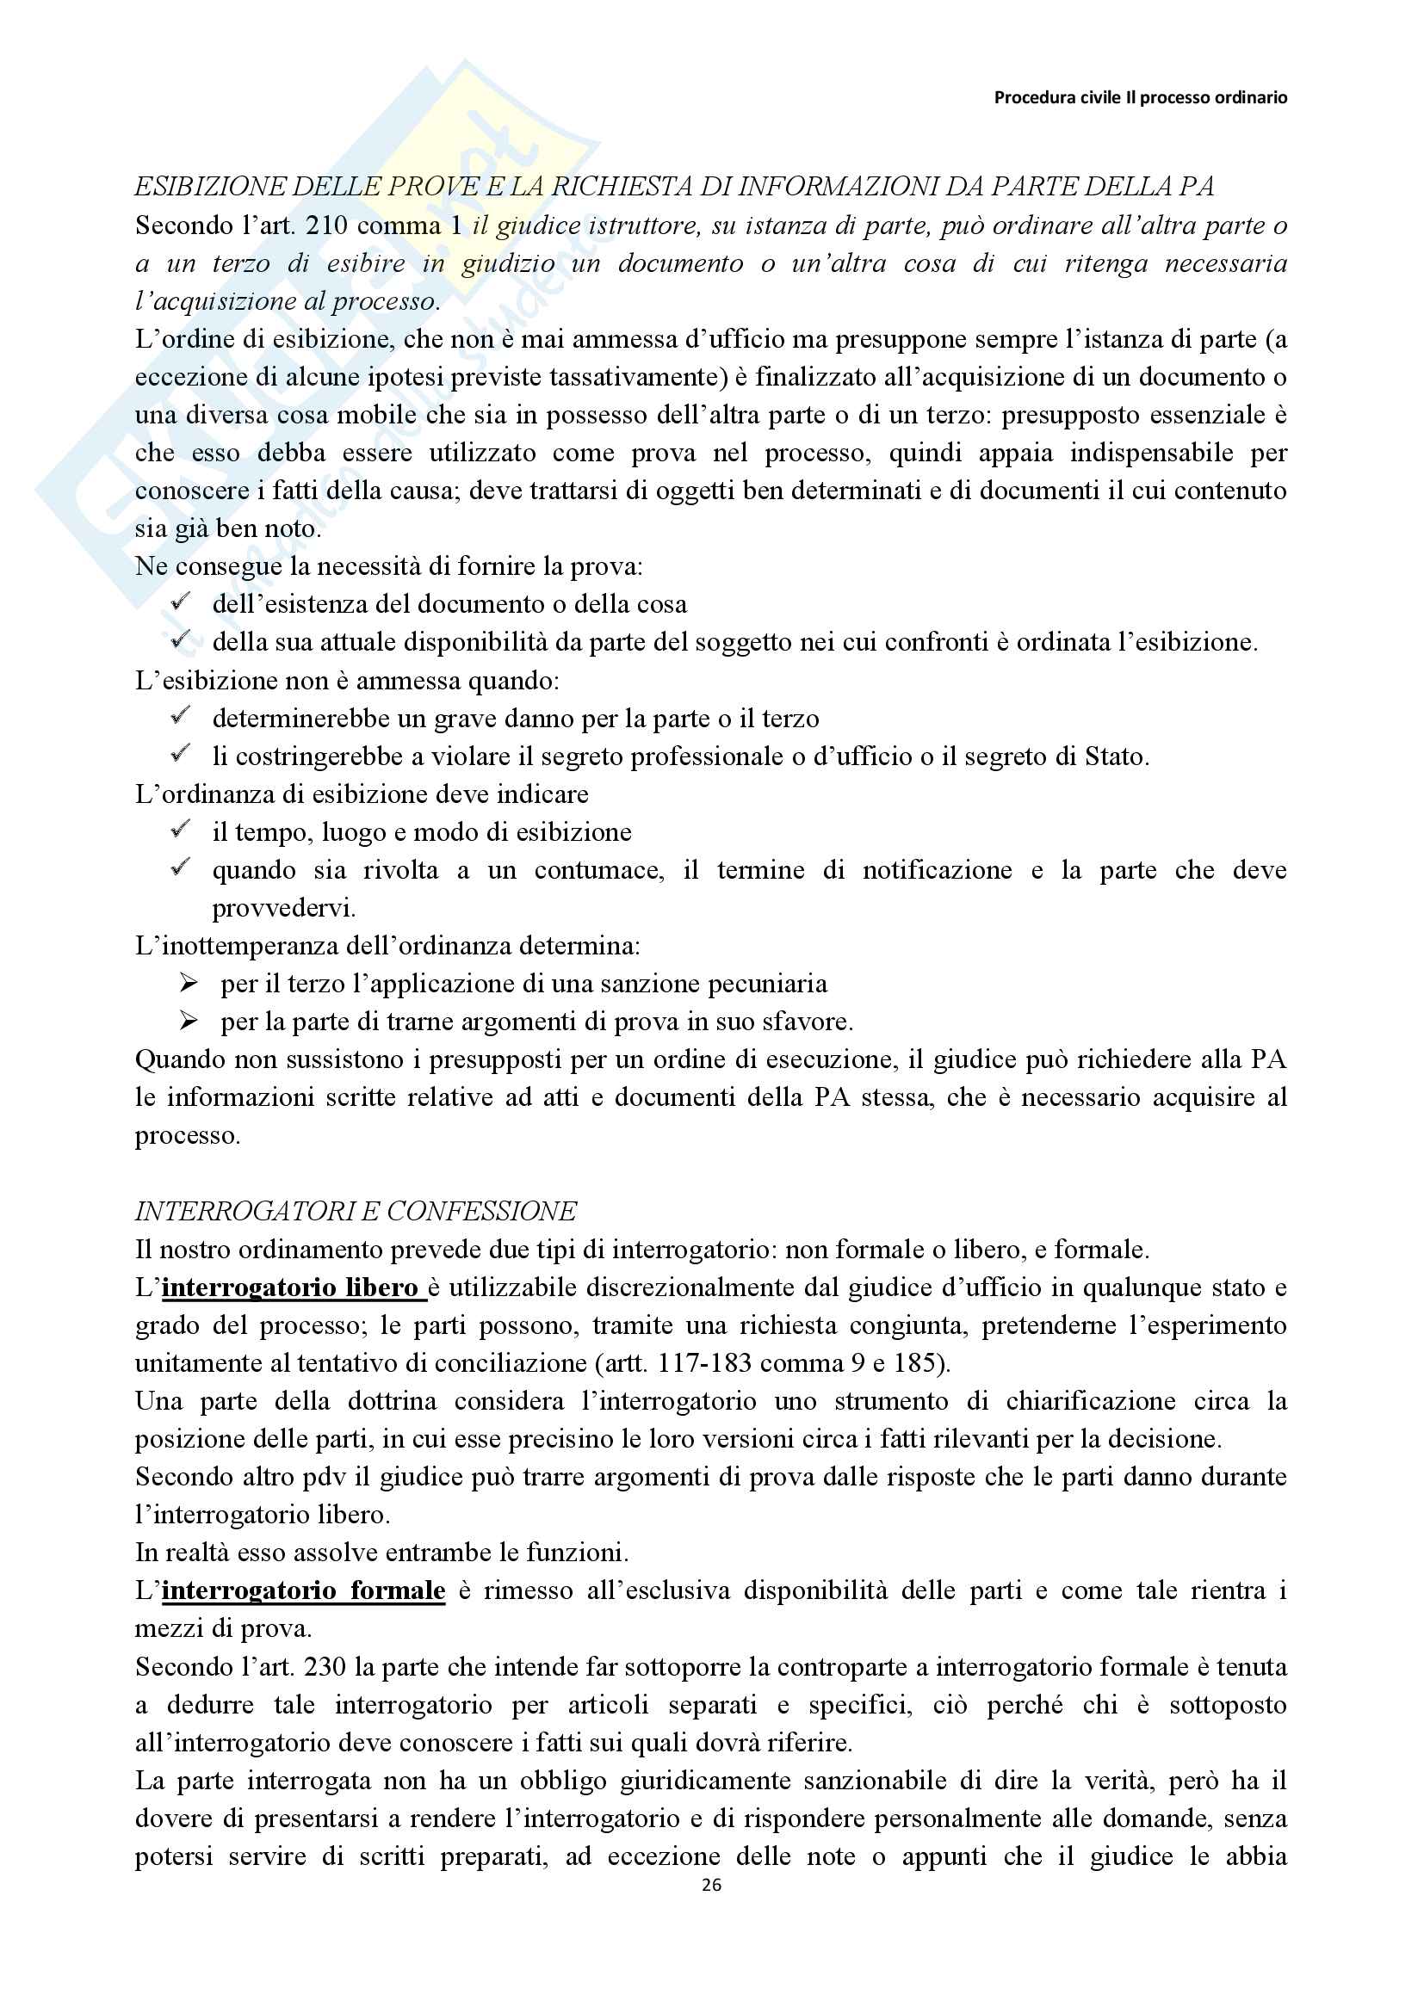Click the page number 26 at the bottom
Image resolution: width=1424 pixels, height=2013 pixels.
pyautogui.click(x=711, y=1884)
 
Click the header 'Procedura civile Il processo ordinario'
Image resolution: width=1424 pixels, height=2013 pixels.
pyautogui.click(x=1140, y=97)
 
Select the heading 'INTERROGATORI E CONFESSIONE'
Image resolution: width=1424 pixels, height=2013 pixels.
pyautogui.click(x=355, y=1211)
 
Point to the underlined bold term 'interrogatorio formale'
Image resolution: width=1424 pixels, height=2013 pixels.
pyautogui.click(x=303, y=1590)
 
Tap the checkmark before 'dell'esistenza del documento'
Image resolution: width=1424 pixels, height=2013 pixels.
pyautogui.click(x=181, y=602)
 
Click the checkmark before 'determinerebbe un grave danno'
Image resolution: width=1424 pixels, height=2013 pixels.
pyautogui.click(x=181, y=716)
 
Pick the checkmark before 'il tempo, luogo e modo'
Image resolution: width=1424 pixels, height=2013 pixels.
pyautogui.click(x=181, y=830)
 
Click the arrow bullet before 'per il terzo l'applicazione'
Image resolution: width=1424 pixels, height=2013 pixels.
pyautogui.click(x=189, y=983)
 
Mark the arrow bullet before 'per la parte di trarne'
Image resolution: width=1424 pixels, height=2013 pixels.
pyautogui.click(x=189, y=1021)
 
